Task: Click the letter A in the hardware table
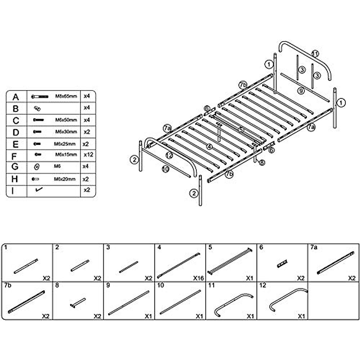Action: [16, 97]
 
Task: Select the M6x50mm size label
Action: [66, 120]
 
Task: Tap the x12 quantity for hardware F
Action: [88, 155]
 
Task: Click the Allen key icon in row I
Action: [38, 190]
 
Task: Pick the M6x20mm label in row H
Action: [65, 179]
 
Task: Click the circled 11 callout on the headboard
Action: [315, 54]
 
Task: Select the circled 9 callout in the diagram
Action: [301, 90]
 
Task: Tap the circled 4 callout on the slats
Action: [209, 147]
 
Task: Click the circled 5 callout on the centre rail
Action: [241, 130]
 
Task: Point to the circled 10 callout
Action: [165, 169]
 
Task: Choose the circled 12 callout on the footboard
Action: [169, 155]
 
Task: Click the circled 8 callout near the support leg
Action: [262, 163]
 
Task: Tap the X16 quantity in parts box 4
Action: [198, 278]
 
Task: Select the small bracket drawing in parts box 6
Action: [282, 263]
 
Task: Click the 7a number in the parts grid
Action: [313, 247]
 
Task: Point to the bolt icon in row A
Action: [40, 97]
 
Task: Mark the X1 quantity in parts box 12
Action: [301, 316]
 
